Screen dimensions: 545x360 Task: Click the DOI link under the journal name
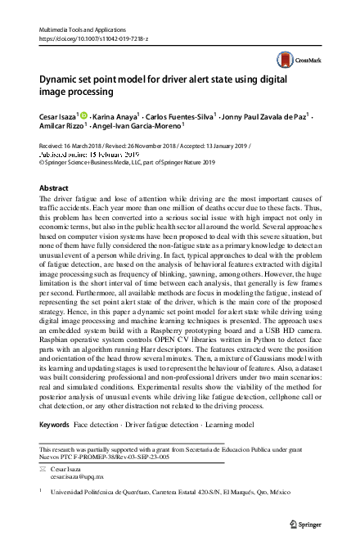(x=91, y=38)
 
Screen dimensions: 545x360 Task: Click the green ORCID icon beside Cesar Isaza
(x=85, y=116)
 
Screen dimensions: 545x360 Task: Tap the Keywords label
(x=54, y=426)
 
